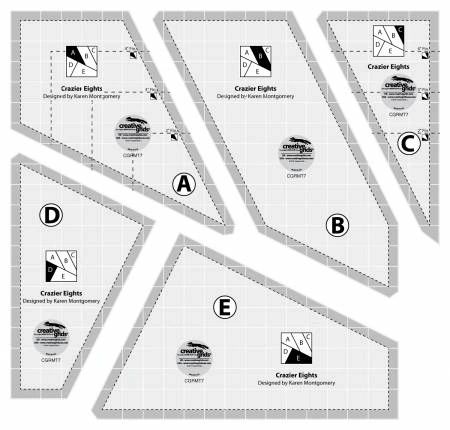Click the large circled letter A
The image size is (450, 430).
[x=184, y=183]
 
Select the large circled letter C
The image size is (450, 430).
[x=407, y=143]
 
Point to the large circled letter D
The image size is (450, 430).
[x=48, y=215]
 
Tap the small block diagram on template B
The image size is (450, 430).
[x=254, y=64]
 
